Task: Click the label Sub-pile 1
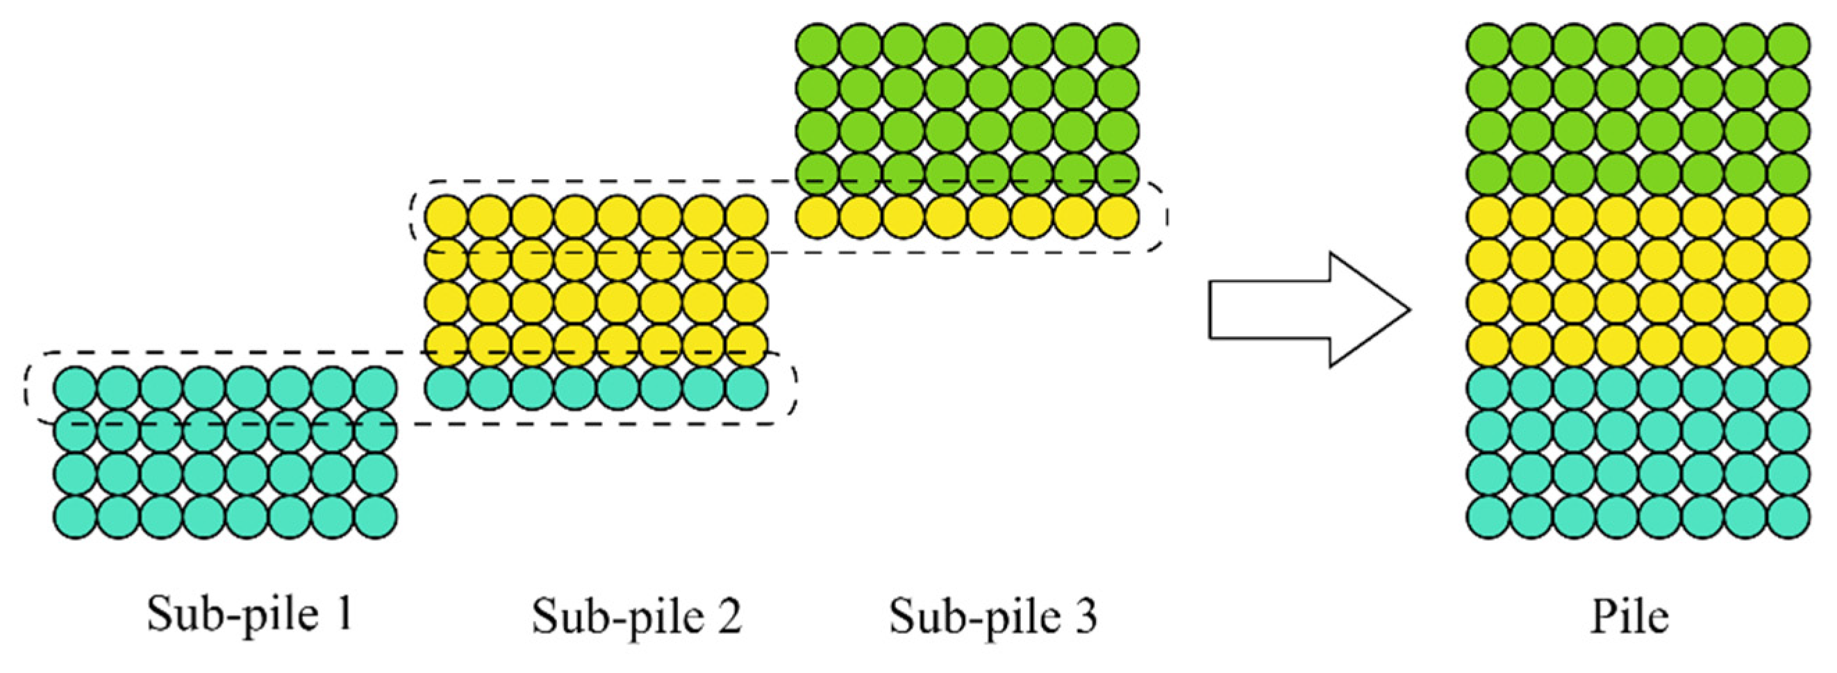(250, 614)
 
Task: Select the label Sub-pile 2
(637, 616)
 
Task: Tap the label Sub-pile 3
(993, 616)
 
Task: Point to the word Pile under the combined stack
(1630, 616)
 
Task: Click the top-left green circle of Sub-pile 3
(817, 44)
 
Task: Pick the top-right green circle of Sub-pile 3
(1117, 44)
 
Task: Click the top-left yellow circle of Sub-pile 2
(447, 216)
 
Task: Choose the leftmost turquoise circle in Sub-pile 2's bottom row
(447, 388)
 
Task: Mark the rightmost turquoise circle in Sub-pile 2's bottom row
(747, 388)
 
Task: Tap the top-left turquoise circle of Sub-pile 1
(75, 388)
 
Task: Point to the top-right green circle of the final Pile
(1788, 45)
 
